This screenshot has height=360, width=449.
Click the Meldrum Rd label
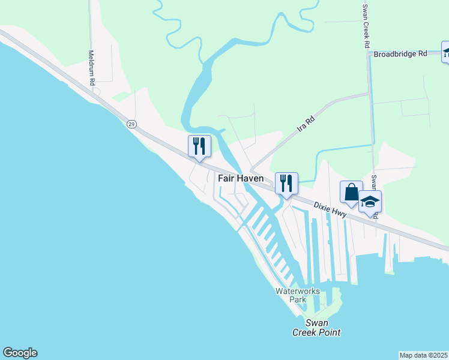(92, 67)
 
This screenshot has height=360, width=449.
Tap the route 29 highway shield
(131, 124)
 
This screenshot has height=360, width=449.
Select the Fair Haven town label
(240, 179)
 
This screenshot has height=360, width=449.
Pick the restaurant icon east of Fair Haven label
(286, 183)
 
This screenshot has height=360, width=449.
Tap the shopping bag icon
(351, 192)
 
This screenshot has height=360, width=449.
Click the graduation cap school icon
(370, 202)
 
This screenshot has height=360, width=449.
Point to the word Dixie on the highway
(325, 206)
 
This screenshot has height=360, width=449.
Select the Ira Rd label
(306, 124)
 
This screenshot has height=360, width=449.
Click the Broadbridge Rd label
(400, 53)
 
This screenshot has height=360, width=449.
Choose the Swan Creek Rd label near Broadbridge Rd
(366, 27)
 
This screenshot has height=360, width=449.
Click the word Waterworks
(298, 291)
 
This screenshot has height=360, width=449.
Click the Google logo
(20, 353)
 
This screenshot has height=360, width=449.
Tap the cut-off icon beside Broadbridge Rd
(445, 52)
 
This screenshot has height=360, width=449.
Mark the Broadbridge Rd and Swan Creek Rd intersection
(368, 54)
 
